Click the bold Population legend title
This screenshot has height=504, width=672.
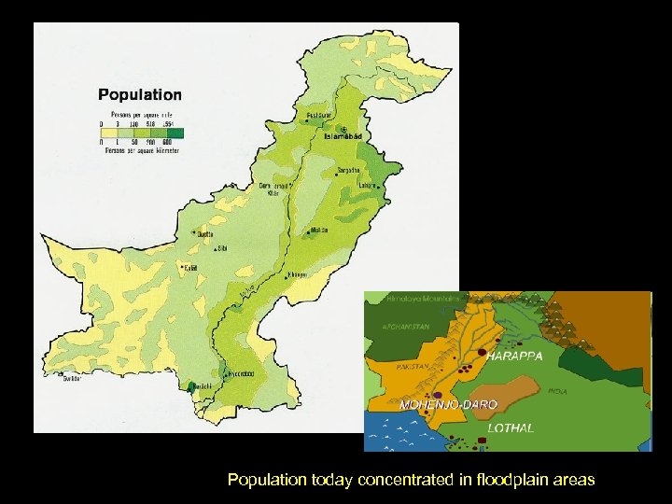pyautogui.click(x=140, y=94)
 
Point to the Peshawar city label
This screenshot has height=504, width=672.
pyautogui.click(x=320, y=117)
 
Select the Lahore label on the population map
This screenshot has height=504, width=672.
pyautogui.click(x=367, y=185)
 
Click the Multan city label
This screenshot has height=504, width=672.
pyautogui.click(x=319, y=230)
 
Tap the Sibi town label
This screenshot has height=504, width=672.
pyautogui.click(x=221, y=249)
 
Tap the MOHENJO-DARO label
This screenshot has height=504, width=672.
pyautogui.click(x=449, y=404)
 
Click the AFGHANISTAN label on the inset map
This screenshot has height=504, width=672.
pyautogui.click(x=402, y=327)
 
